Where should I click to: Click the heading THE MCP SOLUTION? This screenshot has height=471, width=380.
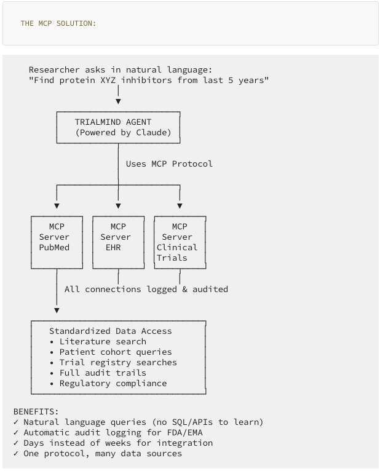(x=58, y=23)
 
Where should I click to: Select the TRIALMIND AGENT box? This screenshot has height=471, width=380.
(x=118, y=127)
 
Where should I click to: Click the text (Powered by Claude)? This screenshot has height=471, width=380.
(x=123, y=133)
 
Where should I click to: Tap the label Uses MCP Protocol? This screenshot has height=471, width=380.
(x=169, y=164)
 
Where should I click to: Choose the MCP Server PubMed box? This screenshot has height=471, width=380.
(x=57, y=242)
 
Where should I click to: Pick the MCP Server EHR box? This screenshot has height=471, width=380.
(x=118, y=242)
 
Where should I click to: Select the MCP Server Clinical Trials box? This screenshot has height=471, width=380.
(x=180, y=242)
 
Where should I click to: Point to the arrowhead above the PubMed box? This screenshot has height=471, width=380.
(x=57, y=205)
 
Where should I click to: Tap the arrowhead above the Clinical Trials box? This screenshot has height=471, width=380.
(x=180, y=205)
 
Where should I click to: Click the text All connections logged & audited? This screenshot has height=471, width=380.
(x=146, y=289)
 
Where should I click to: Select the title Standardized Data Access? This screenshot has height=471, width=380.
(x=110, y=331)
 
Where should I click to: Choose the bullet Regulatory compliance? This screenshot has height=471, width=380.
(x=113, y=383)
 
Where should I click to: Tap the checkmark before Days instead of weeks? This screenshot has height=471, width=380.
(x=16, y=443)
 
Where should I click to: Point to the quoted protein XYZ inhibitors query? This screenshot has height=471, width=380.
(x=149, y=81)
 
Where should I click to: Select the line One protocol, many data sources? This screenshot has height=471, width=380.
(x=102, y=453)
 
